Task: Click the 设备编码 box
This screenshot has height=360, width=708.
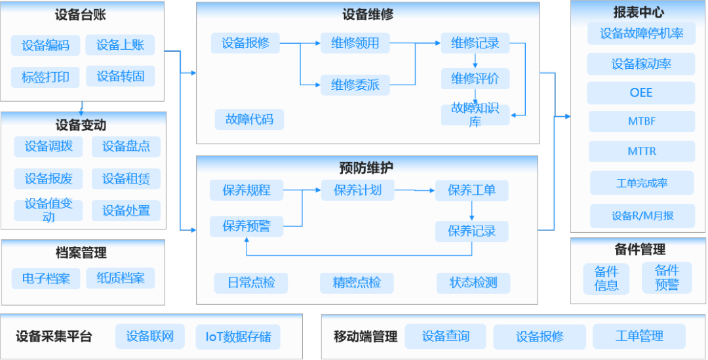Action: (x=45, y=45)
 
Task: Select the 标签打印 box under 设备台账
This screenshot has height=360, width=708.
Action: (x=45, y=77)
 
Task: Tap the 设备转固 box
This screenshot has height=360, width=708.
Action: (x=121, y=77)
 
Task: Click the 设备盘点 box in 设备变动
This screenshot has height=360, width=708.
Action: (x=125, y=146)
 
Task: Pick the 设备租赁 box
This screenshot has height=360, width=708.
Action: (x=126, y=178)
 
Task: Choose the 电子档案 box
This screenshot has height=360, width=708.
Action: (x=46, y=278)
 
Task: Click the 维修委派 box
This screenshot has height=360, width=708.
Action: (x=355, y=85)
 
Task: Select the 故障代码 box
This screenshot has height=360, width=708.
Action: (x=249, y=119)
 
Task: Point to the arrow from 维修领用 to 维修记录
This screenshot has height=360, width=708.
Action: (x=415, y=43)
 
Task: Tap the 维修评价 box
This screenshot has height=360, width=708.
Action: (x=475, y=79)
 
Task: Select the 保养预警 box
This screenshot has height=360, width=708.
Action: (x=246, y=226)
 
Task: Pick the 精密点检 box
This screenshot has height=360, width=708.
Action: (x=357, y=283)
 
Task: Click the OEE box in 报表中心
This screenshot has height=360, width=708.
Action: (x=640, y=92)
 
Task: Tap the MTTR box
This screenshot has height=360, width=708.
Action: (x=641, y=151)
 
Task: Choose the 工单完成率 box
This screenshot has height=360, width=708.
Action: (x=641, y=184)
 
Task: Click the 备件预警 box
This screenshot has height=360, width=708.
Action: (x=667, y=278)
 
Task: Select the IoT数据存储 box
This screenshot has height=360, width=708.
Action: (x=238, y=337)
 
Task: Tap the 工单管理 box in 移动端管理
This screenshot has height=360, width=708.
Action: (x=639, y=336)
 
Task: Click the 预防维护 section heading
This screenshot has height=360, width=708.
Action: (x=366, y=168)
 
